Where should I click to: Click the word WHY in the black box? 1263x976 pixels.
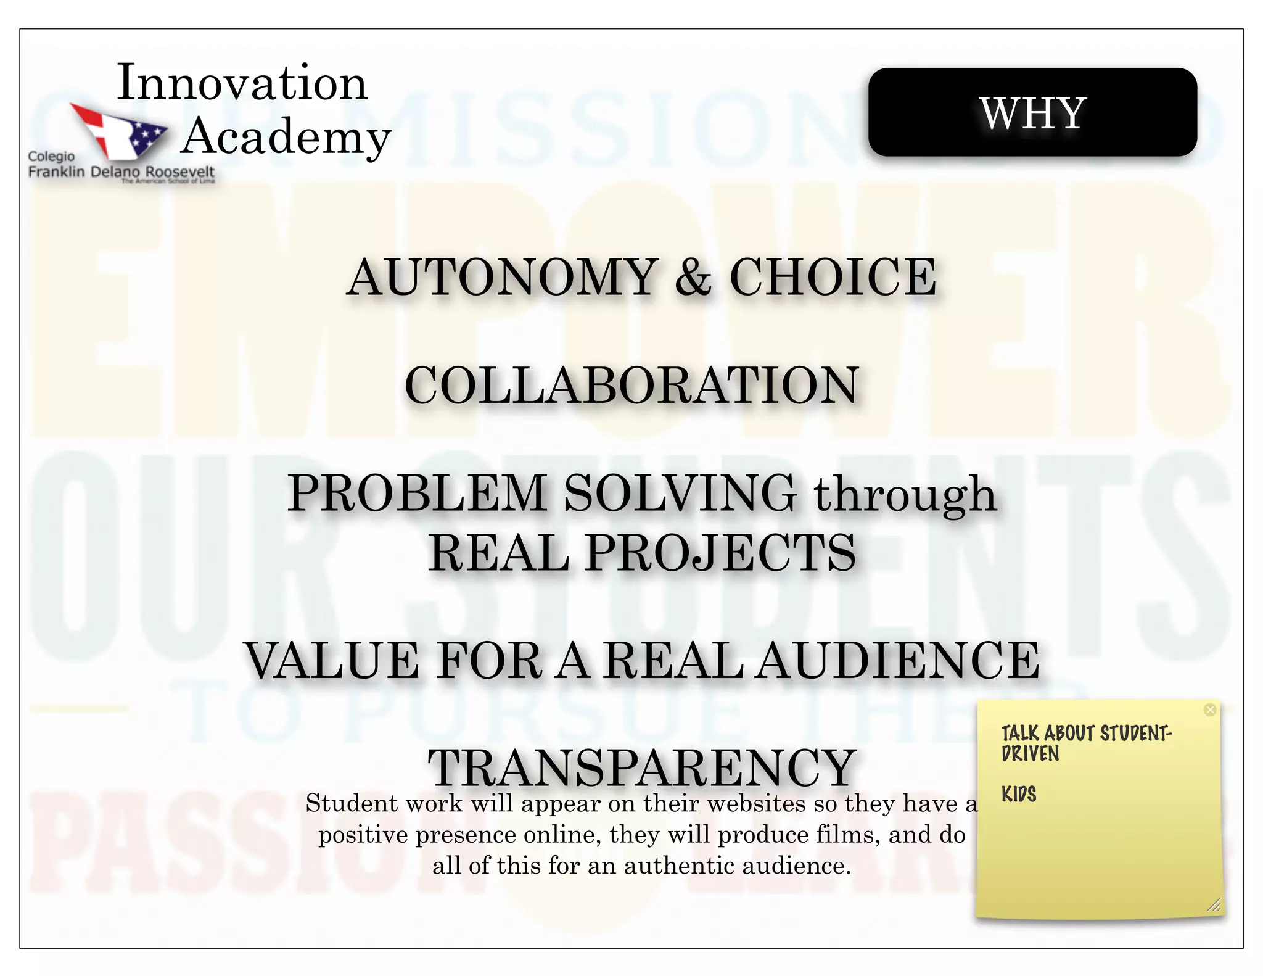[1032, 114]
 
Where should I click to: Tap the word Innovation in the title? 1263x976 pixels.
[242, 83]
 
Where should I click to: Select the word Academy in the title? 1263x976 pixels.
[286, 137]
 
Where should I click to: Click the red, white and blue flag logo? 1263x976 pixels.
[119, 130]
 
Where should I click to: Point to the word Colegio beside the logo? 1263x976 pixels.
[51, 157]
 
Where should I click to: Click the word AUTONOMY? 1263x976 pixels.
[503, 278]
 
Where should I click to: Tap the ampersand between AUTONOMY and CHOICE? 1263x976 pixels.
[693, 278]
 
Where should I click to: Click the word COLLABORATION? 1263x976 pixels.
[631, 386]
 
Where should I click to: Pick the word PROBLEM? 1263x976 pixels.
[418, 494]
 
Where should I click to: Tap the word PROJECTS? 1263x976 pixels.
[720, 552]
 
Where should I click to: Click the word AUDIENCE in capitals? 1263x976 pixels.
[898, 661]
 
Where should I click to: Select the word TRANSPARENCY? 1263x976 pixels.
[642, 767]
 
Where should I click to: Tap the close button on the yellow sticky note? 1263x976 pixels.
[1210, 710]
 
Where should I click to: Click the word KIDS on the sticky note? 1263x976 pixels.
[1019, 794]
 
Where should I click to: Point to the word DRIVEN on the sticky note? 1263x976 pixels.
[1030, 754]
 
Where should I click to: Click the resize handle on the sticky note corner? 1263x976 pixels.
[1214, 905]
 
